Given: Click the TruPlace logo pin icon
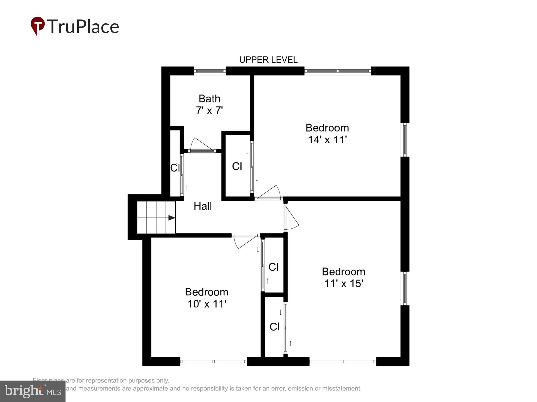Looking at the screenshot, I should [38, 26].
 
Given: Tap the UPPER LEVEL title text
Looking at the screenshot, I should [268, 60].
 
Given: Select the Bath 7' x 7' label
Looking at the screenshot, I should [209, 105].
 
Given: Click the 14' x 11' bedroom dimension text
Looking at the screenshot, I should [327, 140].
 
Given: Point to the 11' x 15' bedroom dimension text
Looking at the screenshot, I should [344, 284].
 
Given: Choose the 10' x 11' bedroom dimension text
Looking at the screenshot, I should [207, 304].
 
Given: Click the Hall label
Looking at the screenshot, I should [203, 206].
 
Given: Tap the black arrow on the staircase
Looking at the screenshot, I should [172, 218].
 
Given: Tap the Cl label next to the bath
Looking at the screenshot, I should [237, 166].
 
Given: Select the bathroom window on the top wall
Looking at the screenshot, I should [209, 71].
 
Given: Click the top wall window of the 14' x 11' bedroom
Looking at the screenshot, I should [338, 71].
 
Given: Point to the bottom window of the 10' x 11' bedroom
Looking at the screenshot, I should [213, 361].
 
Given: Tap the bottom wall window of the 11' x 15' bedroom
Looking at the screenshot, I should [343, 361].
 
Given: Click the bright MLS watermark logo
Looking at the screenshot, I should [32, 391].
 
